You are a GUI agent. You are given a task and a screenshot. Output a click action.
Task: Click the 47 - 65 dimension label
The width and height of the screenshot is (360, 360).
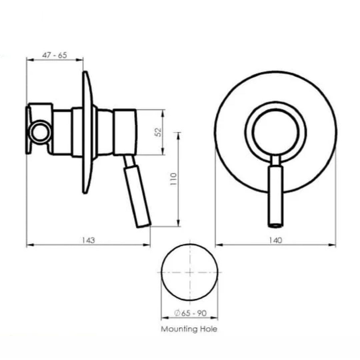click(55, 55)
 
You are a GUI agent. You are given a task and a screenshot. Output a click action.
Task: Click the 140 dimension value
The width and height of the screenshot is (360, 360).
click(275, 240)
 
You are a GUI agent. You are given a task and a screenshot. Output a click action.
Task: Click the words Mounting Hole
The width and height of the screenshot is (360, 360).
click(189, 329)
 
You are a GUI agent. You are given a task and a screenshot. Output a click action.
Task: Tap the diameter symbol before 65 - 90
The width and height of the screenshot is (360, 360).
click(177, 313)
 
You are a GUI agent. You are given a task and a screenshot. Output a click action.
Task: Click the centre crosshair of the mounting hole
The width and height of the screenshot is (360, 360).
click(189, 272)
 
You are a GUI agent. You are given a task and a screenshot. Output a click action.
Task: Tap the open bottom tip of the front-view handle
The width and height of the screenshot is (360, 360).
click(275, 226)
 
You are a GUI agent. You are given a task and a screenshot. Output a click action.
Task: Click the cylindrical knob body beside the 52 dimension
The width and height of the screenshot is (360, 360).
click(125, 132)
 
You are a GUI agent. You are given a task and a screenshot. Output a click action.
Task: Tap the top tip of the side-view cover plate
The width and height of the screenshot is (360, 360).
click(85, 72)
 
